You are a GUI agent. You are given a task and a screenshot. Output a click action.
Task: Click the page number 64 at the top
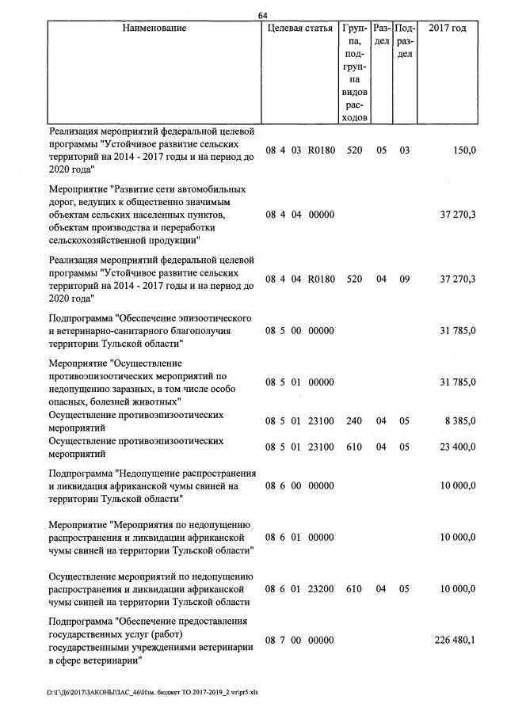[x=265, y=14]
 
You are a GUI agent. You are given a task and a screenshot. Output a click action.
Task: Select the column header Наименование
[x=154, y=29]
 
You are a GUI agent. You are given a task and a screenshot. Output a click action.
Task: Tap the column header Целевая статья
[x=300, y=29]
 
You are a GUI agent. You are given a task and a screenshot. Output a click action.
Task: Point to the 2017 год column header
[x=447, y=29]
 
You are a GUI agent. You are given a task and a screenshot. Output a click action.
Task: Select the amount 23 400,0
[x=458, y=447]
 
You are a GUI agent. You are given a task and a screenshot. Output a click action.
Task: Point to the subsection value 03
[x=404, y=150]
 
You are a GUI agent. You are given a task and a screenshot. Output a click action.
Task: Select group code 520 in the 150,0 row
[x=354, y=150]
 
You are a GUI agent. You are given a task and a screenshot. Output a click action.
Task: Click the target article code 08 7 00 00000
[x=300, y=640]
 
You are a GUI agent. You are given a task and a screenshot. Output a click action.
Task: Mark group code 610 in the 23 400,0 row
[x=354, y=447]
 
